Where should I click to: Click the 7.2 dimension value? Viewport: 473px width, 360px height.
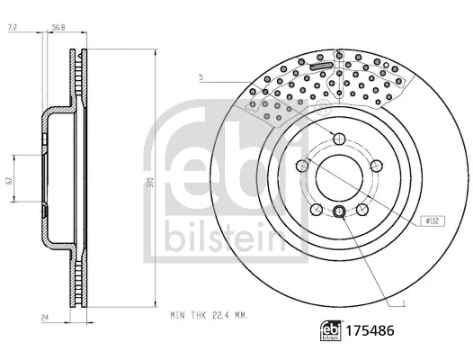click(13, 29)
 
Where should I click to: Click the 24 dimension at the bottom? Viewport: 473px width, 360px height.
click(43, 317)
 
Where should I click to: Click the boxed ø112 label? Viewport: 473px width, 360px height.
click(432, 220)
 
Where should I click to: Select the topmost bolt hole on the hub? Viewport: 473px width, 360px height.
click(338, 137)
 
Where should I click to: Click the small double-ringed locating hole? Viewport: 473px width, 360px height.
click(338, 211)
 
